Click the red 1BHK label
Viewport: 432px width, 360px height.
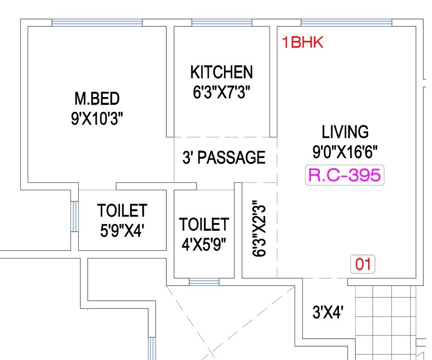point(302,43)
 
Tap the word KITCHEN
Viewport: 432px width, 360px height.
point(221,72)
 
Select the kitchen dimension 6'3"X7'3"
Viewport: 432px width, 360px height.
point(222,92)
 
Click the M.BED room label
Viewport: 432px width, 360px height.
point(97,99)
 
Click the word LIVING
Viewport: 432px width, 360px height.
point(345,131)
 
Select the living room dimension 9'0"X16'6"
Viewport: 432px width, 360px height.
point(345,152)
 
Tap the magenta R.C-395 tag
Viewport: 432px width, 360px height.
point(344,175)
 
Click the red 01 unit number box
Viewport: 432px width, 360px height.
point(362,264)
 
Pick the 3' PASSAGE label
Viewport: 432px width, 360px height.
point(224,157)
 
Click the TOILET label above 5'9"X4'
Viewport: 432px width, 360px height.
point(122,211)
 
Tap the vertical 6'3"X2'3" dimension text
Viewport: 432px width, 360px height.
point(259,229)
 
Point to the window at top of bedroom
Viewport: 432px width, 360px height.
point(97,22)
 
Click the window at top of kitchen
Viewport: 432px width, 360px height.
point(222,22)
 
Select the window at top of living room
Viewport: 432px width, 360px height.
point(346,22)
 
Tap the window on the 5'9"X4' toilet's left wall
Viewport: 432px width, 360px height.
point(74,216)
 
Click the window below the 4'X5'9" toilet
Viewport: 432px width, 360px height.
point(204,282)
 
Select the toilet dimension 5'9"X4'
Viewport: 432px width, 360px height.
point(122,230)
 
